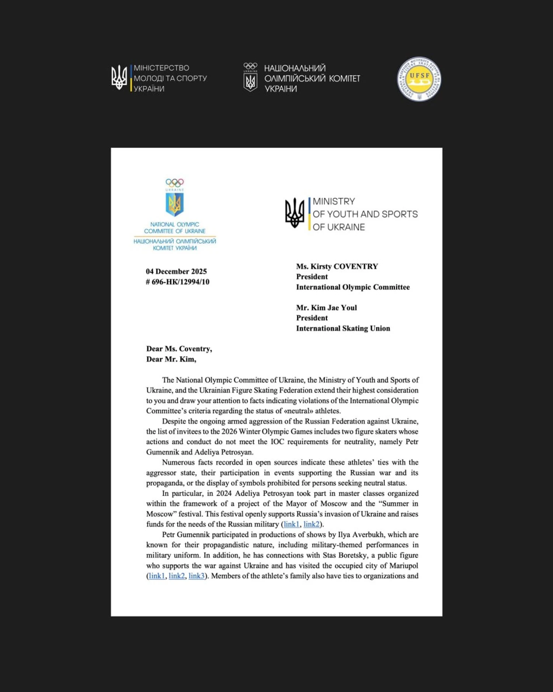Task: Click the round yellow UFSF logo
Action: point(419,79)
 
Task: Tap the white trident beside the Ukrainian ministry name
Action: point(119,78)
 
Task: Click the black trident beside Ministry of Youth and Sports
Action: point(294,213)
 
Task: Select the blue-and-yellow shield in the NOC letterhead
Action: point(174,204)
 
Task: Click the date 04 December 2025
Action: point(176,271)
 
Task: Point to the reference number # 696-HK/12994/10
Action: point(178,282)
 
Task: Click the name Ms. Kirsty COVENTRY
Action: point(337,266)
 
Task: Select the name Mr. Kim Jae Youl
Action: point(326,308)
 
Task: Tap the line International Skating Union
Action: point(343,328)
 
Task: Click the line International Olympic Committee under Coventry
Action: point(353,287)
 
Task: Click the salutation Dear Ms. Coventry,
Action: point(179,349)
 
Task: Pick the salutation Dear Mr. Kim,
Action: point(171,359)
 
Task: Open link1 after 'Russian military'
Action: point(291,524)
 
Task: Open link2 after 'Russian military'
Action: point(312,524)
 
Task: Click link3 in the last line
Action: point(196,576)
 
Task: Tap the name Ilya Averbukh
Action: point(361,534)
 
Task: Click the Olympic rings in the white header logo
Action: point(250,66)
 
